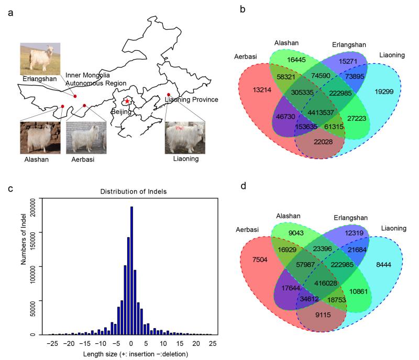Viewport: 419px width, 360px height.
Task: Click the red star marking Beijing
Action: [x=126, y=101]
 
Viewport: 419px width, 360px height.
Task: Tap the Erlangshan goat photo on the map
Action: [x=40, y=59]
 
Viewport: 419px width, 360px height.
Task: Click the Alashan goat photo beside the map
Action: [x=40, y=138]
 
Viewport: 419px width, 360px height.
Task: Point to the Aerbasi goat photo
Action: [x=86, y=138]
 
